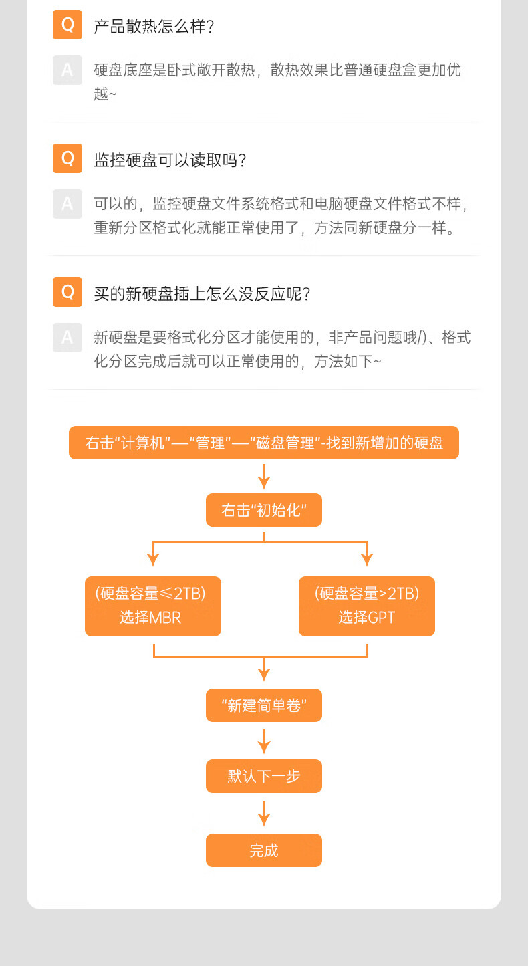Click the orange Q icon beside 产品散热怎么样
(x=68, y=25)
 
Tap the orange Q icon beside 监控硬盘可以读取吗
(x=68, y=158)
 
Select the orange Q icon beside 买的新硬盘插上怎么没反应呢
(x=68, y=292)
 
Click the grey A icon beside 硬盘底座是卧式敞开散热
(x=68, y=70)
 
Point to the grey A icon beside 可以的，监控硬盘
(x=68, y=204)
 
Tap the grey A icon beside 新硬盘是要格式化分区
(x=68, y=338)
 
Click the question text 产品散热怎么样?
(x=154, y=27)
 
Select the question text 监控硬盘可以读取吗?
(x=170, y=160)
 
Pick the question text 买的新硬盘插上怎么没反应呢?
(x=202, y=294)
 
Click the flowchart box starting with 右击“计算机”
(x=264, y=443)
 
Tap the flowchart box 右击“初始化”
(x=264, y=510)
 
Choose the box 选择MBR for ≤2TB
(x=153, y=606)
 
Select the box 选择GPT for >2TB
(x=367, y=606)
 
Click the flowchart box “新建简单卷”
(x=264, y=705)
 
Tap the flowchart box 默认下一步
(x=264, y=776)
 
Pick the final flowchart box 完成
(x=264, y=850)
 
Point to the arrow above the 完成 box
(x=264, y=814)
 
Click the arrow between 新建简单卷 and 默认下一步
(x=264, y=741)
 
